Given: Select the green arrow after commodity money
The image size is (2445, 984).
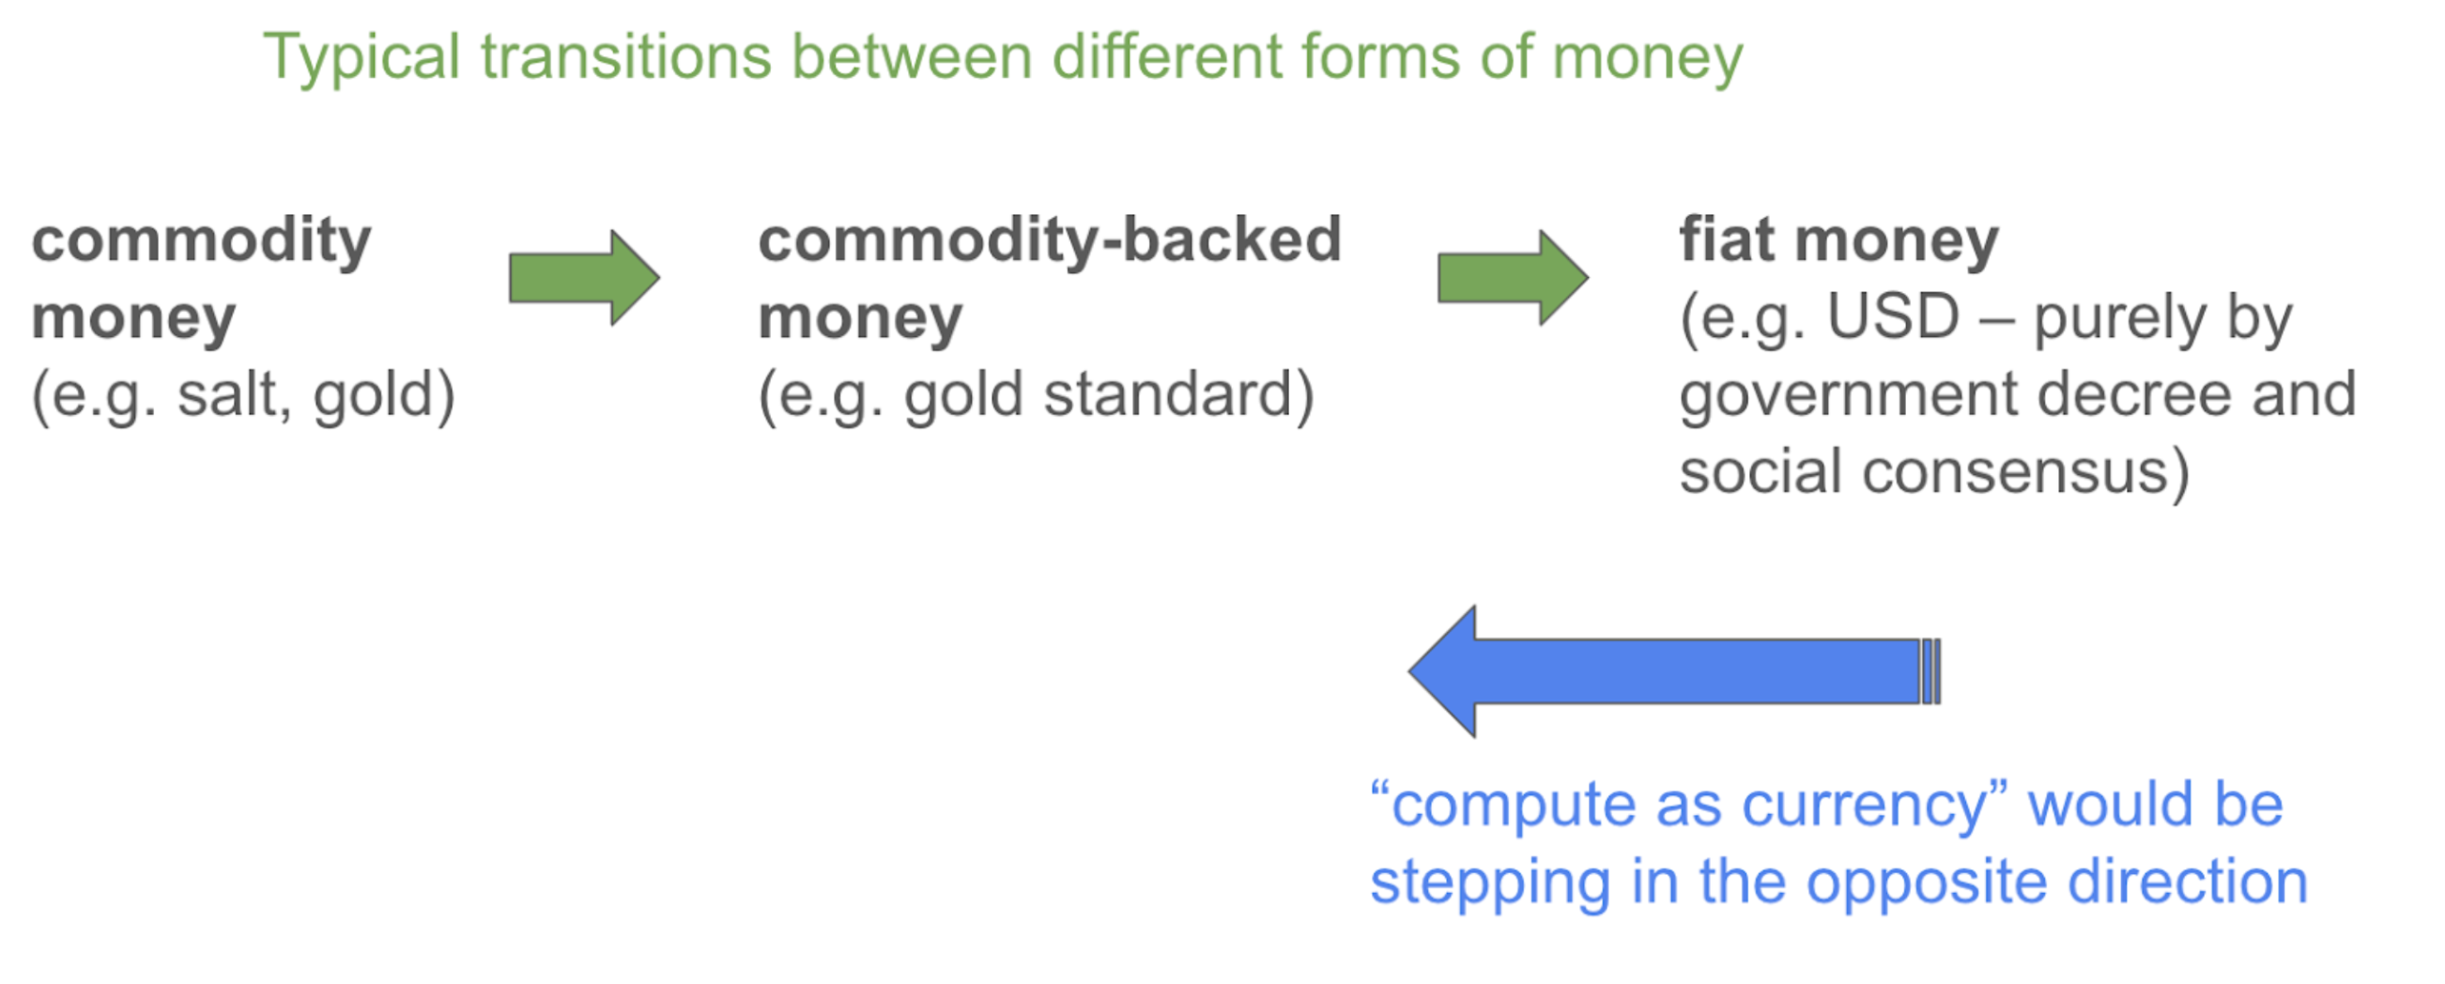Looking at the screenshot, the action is [585, 278].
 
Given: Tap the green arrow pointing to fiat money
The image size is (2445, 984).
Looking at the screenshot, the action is [1513, 278].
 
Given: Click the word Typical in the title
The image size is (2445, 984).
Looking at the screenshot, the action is [361, 58].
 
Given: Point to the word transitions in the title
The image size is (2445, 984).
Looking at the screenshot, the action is [626, 56].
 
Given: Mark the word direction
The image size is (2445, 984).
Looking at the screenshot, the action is [2188, 882].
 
